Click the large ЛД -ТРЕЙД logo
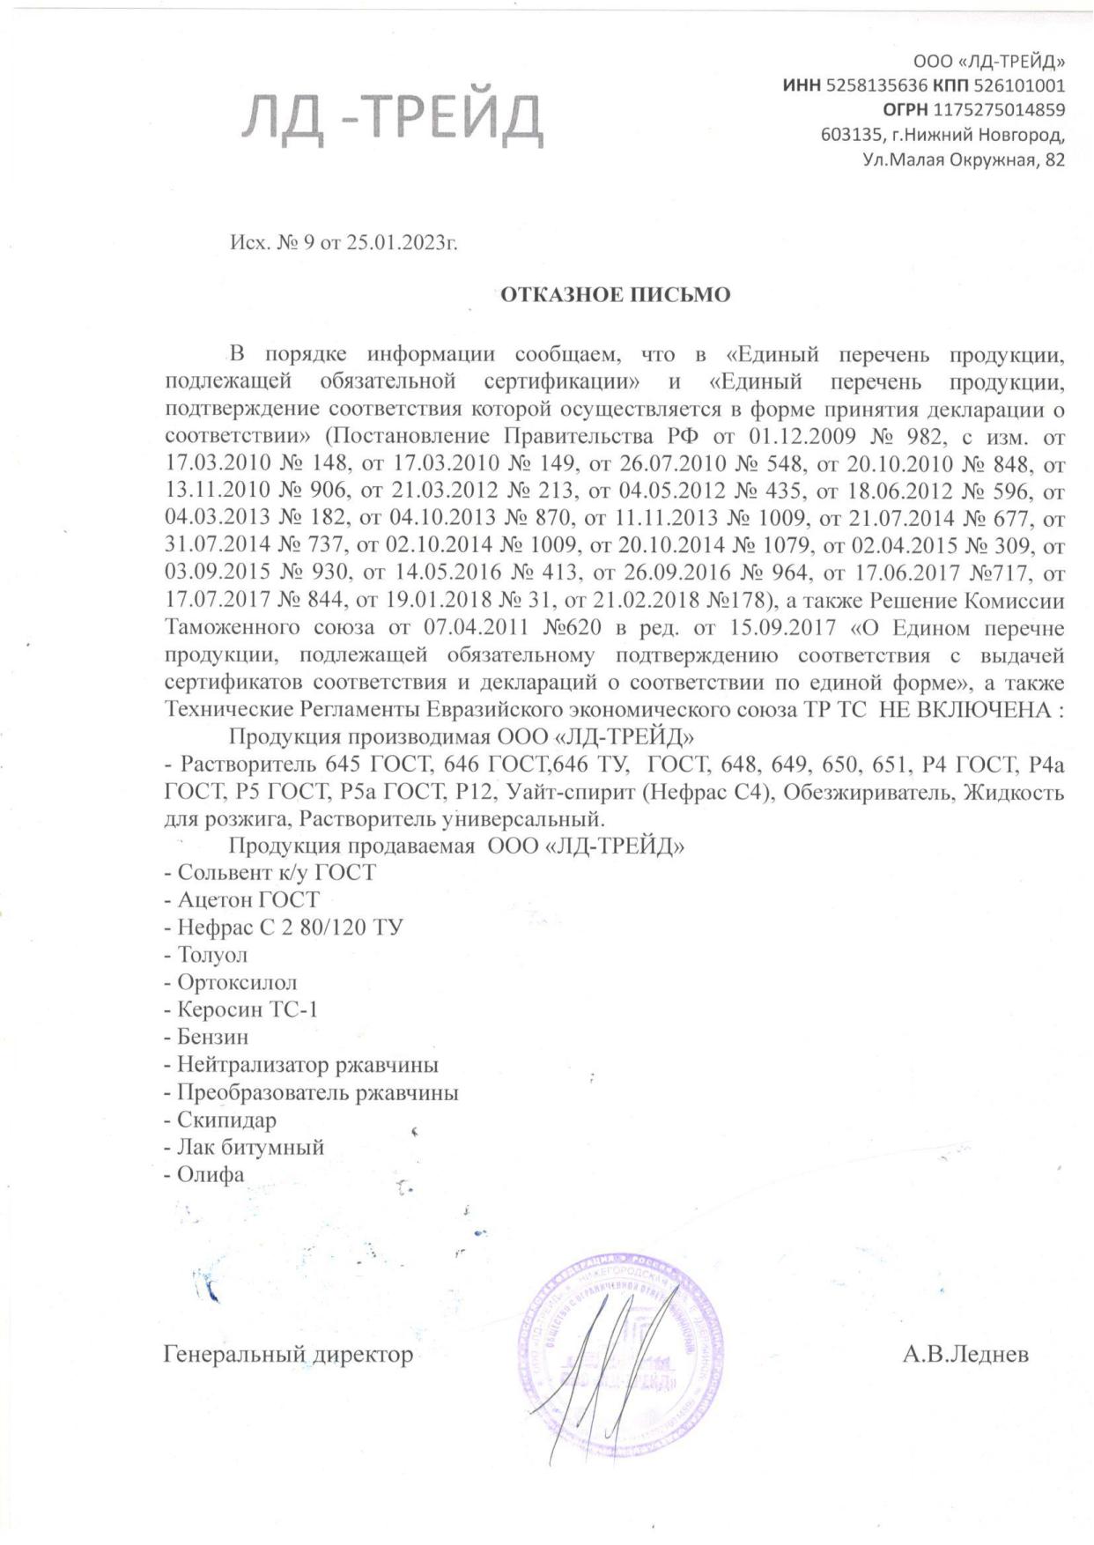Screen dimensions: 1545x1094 point(393,118)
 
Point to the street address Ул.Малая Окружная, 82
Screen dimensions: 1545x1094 point(964,159)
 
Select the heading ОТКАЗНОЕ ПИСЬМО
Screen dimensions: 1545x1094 point(616,295)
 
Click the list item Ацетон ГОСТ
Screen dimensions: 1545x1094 point(248,899)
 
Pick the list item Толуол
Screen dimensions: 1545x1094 point(212,955)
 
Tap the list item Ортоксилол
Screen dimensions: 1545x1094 point(237,982)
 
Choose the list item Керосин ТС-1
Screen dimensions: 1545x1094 point(248,1009)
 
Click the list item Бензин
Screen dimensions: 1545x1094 point(212,1037)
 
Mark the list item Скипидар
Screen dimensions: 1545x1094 point(226,1120)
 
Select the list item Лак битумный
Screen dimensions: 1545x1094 point(250,1148)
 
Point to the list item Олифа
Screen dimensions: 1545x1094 point(211,1175)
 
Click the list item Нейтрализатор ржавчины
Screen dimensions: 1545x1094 point(307,1065)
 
